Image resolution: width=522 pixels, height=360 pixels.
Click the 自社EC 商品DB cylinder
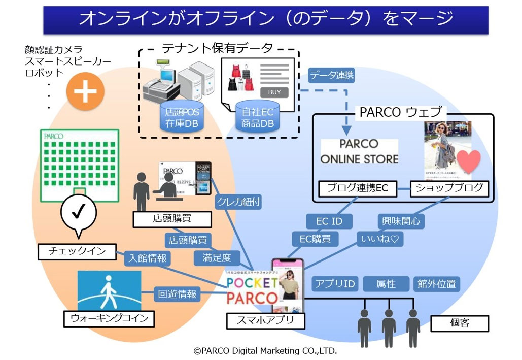coord(258,117)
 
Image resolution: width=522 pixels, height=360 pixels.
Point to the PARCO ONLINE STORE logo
coord(359,151)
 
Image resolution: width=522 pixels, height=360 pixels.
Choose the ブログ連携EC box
coord(357,189)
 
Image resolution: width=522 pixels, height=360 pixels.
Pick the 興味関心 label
coord(401,221)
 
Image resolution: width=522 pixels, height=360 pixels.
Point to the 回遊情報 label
coord(177,294)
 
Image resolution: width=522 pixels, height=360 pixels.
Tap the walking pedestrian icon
coord(109,290)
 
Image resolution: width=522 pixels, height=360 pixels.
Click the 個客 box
coord(459,323)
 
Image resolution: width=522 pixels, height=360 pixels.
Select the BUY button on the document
coord(274,92)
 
